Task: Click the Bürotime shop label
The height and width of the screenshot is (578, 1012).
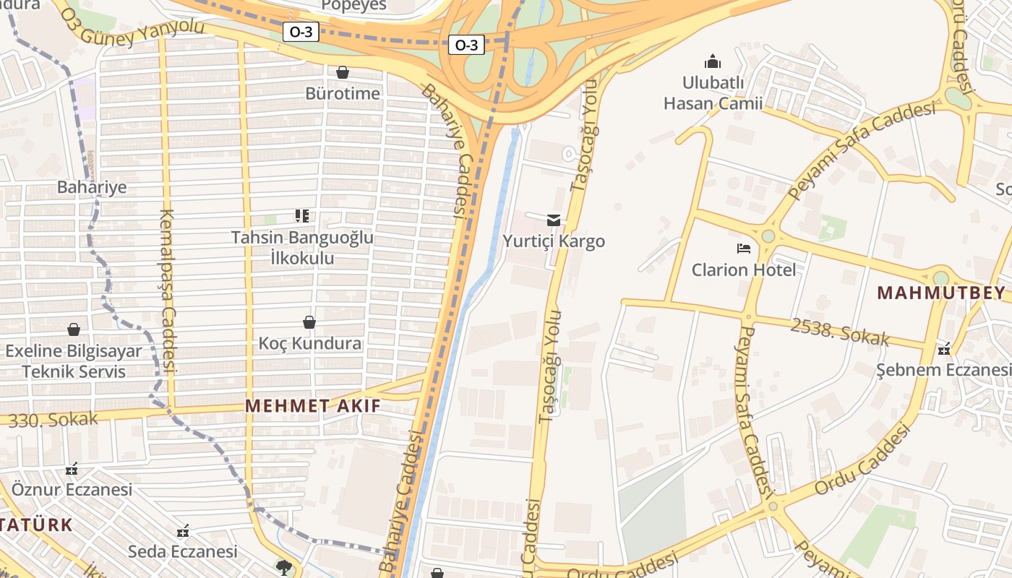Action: (342, 93)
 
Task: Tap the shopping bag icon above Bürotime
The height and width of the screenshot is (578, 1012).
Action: (343, 72)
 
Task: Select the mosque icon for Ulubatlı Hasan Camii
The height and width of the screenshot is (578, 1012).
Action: (713, 61)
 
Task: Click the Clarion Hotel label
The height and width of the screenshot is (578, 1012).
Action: (744, 269)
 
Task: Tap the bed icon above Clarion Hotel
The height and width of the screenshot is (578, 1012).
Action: (744, 249)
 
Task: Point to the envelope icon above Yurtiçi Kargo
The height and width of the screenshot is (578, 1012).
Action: (554, 220)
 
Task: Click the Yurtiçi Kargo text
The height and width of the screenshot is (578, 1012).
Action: (554, 241)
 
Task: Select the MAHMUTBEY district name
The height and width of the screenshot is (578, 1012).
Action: (941, 293)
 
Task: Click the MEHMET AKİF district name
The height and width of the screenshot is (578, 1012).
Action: (312, 405)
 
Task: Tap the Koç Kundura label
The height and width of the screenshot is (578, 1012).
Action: (310, 343)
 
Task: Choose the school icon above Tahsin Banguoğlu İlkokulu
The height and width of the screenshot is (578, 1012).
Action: (302, 215)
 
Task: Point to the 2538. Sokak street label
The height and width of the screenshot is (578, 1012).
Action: (839, 332)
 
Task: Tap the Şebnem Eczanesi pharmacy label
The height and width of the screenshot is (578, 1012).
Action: (943, 370)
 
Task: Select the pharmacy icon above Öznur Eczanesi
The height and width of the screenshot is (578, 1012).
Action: (72, 470)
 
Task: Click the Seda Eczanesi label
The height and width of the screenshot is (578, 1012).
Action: (183, 551)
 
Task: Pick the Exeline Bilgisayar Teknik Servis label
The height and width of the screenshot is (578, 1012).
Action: (74, 361)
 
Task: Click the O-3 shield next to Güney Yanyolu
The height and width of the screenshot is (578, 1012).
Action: (301, 32)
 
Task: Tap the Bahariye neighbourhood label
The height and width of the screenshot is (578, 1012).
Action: (92, 187)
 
